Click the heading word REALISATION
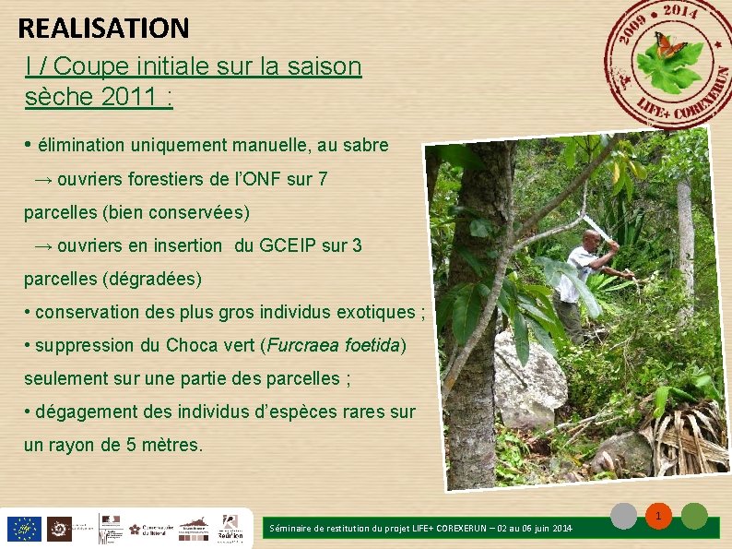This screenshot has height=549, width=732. click(103, 28)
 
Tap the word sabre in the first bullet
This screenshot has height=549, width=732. click(364, 146)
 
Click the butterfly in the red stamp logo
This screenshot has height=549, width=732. click(669, 44)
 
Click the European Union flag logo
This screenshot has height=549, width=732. click(23, 529)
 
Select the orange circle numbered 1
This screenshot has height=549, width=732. click(659, 517)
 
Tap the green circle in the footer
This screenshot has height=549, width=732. click(694, 517)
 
